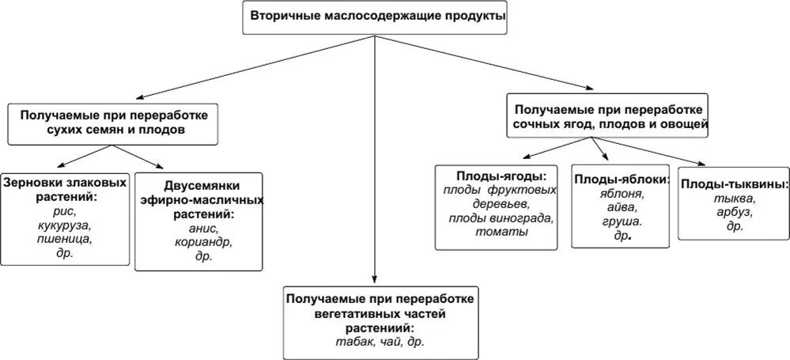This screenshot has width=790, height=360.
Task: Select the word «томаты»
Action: pyautogui.click(x=501, y=232)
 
